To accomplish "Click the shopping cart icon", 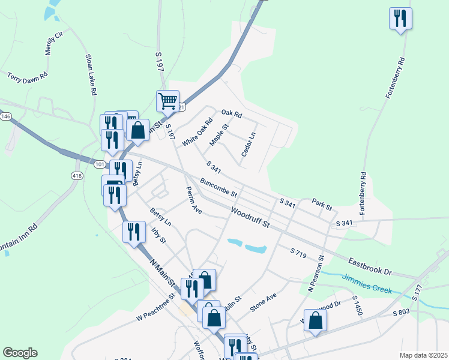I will pos(167,101).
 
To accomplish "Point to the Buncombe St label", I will pos(219,188).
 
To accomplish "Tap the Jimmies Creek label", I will pos(367,284).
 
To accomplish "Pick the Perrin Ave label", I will pos(194,200).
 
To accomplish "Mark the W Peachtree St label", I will pos(155,307).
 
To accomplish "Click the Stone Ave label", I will pos(264,302).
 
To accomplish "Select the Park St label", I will pos(322,205).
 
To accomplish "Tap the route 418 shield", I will pos(77,175).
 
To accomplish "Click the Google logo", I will pos(20,353).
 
